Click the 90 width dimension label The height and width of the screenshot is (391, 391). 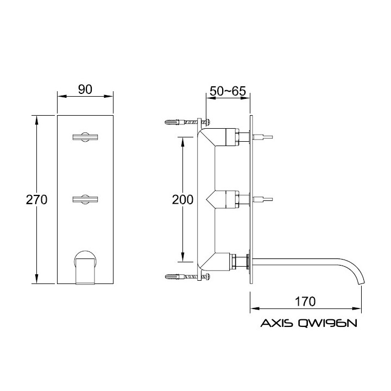pyautogui.click(x=85, y=89)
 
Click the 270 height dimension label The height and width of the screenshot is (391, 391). pyautogui.click(x=37, y=200)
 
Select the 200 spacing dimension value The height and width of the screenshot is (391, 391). pyautogui.click(x=183, y=200)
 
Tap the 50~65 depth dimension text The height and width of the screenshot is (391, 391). pyautogui.click(x=228, y=91)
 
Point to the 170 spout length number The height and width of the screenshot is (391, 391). pyautogui.click(x=305, y=301)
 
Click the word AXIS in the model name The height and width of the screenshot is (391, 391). pyautogui.click(x=277, y=323)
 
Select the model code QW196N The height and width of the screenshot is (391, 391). pyautogui.click(x=327, y=323)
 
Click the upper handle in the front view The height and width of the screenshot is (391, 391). pyautogui.click(x=85, y=137)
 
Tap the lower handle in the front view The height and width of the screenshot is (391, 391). pyautogui.click(x=85, y=199)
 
